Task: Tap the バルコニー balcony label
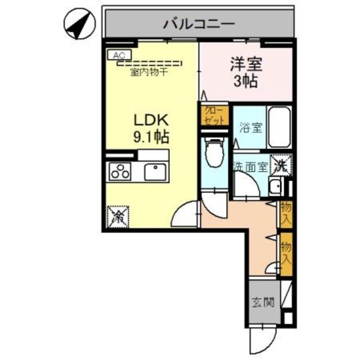click(199, 24)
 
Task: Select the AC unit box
click(119, 55)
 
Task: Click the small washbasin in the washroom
click(276, 186)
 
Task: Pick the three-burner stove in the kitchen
click(121, 172)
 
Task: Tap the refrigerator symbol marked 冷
click(119, 217)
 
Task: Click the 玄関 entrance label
click(263, 303)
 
